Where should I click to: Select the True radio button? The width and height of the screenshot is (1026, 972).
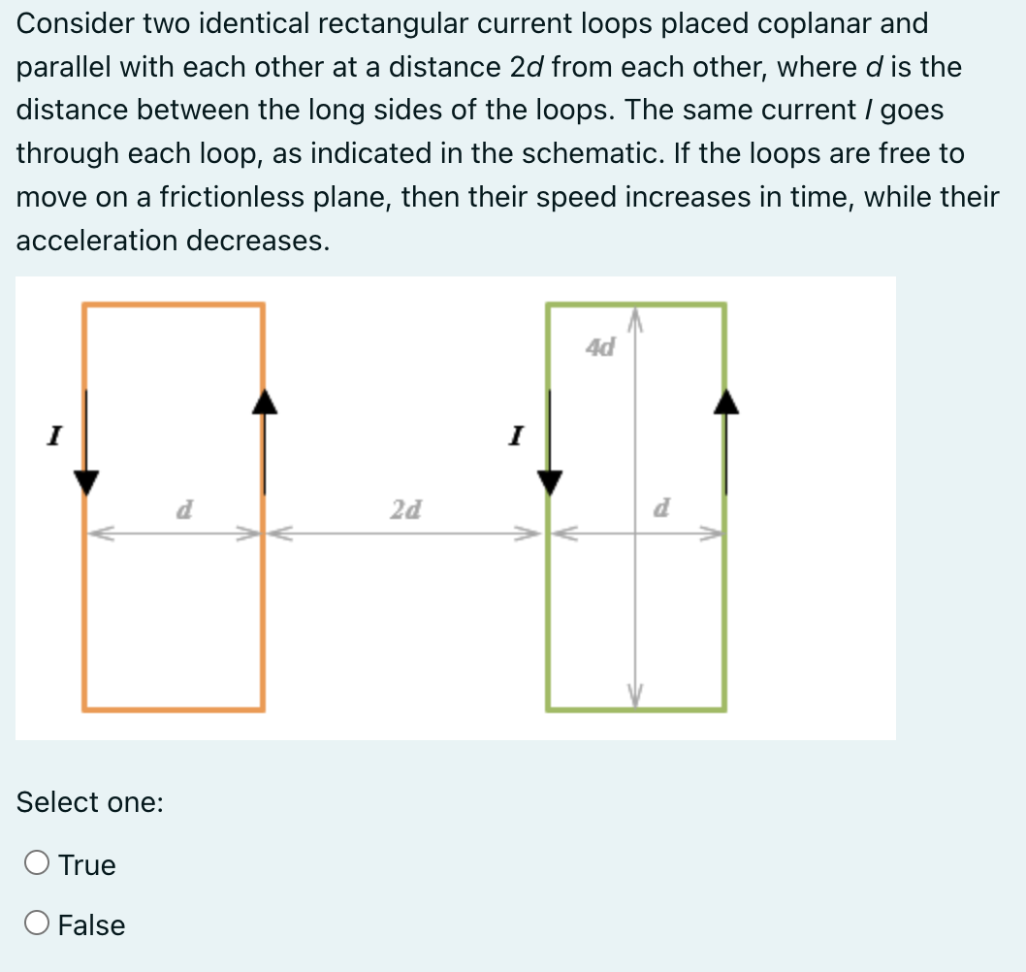coord(38,863)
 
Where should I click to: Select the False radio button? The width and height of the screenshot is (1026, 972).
coord(38,924)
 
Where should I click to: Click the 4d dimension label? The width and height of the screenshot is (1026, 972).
coord(601,346)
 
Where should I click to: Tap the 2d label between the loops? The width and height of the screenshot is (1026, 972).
coord(405,508)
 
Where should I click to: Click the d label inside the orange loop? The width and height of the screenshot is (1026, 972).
coord(181,508)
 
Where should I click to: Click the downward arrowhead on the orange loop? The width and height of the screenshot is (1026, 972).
coord(87,481)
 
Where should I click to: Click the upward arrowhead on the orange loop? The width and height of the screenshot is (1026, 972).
coord(265,402)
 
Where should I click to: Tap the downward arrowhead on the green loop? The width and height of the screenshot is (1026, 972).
coord(550,481)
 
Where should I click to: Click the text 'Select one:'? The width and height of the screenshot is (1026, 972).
coord(89,802)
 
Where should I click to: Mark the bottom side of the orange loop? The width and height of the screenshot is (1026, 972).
coord(174,708)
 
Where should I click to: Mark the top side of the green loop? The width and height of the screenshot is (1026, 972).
coord(636,306)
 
